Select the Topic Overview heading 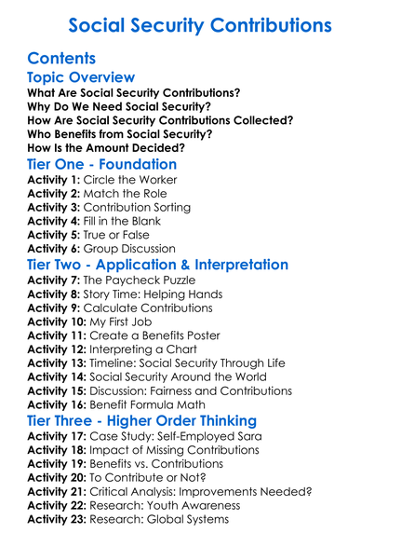(82, 77)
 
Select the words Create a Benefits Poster (157, 335)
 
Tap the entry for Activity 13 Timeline (167, 362)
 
